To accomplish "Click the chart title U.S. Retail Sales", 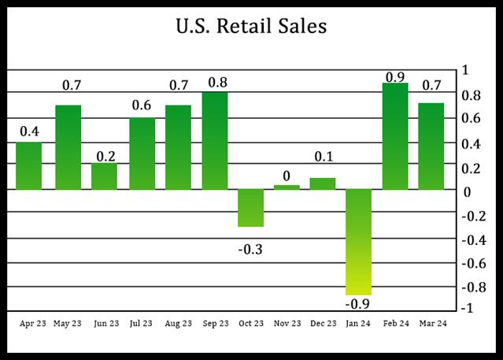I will click(251, 27).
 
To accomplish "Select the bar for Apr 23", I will click(28, 165).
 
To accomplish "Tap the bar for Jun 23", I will click(104, 176).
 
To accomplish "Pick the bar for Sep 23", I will click(215, 140).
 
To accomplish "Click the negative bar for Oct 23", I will click(250, 208).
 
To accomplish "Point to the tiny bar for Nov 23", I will click(287, 187).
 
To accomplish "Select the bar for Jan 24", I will click(359, 241).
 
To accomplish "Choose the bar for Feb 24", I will click(395, 135).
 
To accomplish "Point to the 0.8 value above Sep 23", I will click(216, 82).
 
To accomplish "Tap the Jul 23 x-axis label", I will click(142, 322).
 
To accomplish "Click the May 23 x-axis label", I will click(68, 322).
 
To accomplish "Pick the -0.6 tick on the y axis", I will click(470, 262).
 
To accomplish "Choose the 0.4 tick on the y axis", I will click(472, 143).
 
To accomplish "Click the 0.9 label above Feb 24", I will click(396, 76).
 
